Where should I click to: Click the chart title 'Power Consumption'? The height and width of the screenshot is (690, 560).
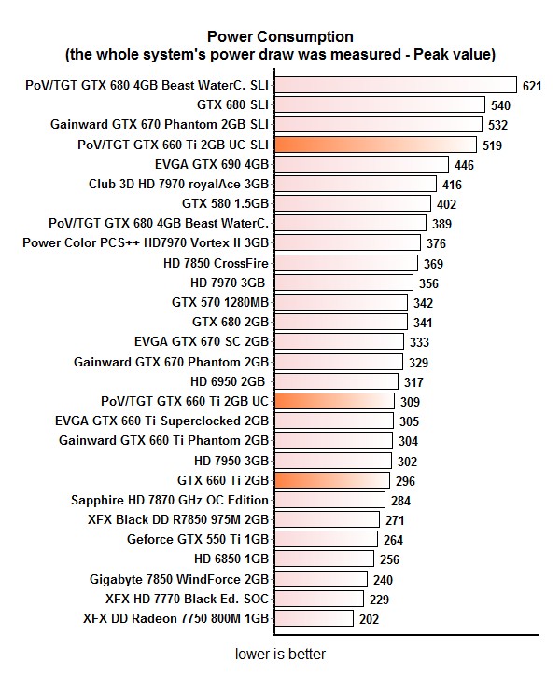[280, 37]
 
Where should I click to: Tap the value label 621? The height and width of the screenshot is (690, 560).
[532, 87]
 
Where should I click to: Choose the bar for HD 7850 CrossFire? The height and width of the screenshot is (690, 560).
[346, 263]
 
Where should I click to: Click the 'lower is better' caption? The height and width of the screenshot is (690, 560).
[280, 655]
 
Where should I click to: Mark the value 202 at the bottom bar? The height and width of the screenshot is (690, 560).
[370, 618]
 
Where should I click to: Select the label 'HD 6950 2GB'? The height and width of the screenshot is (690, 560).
[229, 381]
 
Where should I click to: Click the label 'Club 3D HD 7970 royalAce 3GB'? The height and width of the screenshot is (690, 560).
[178, 184]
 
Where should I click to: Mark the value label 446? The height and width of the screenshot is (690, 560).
[463, 165]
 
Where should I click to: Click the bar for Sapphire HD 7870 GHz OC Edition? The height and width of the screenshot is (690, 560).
[329, 500]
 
